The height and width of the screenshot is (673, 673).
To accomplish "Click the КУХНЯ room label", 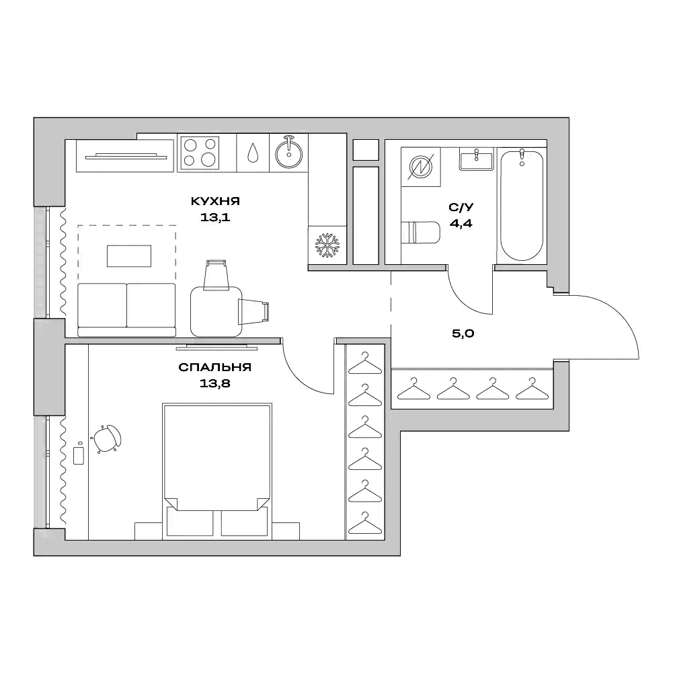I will click(x=215, y=201).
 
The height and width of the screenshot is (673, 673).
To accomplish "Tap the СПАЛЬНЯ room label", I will click(x=215, y=368).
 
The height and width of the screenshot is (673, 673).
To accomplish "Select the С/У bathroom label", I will click(x=461, y=208).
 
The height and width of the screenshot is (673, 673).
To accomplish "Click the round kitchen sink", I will click(x=289, y=153).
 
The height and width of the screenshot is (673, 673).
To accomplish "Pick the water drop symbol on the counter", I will click(x=252, y=153).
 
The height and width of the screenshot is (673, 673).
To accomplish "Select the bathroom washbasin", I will click(x=477, y=160).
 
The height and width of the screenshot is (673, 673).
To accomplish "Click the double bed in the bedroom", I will click(x=217, y=457).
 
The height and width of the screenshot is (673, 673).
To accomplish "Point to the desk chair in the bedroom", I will click(x=108, y=439).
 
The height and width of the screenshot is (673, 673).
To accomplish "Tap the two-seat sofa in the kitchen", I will click(x=126, y=309).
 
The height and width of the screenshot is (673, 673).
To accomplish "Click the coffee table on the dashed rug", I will click(x=128, y=255).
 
